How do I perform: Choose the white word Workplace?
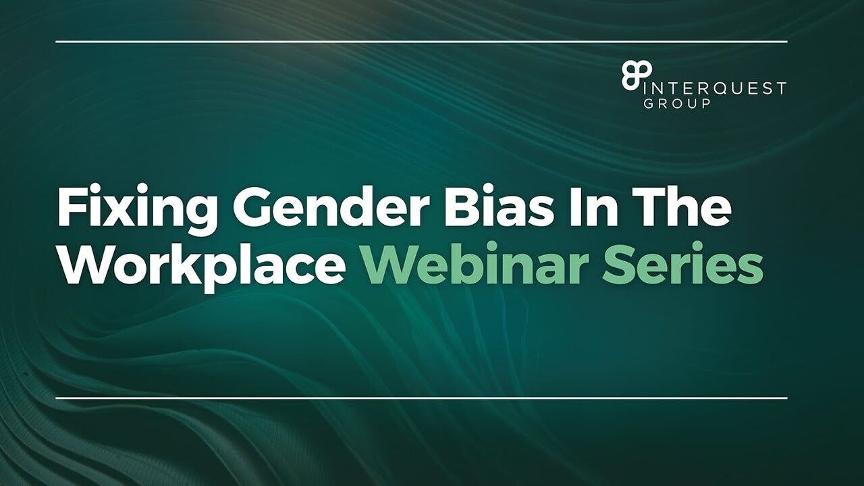[201, 269]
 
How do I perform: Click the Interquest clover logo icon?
[636, 77]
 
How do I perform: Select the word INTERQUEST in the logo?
[713, 88]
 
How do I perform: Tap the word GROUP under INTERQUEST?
[676, 104]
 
